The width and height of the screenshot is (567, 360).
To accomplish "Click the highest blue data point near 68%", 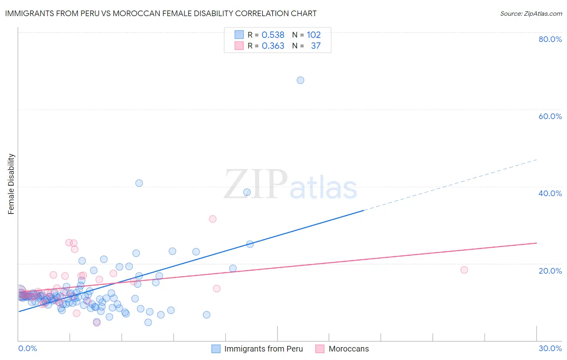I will click(300, 80).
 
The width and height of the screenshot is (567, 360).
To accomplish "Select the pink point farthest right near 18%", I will click(464, 270).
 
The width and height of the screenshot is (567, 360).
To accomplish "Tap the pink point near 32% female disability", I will click(213, 219).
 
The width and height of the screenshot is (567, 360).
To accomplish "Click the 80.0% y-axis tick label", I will click(550, 39).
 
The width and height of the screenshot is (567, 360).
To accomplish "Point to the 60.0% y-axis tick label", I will click(550, 116).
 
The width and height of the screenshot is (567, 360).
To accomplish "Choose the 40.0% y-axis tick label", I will click(550, 193).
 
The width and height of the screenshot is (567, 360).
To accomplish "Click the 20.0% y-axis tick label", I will click(550, 271).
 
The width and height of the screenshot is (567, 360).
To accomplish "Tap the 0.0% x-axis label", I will click(27, 348).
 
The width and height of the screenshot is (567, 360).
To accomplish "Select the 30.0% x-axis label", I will click(550, 348).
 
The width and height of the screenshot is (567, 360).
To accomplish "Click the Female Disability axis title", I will click(11, 184).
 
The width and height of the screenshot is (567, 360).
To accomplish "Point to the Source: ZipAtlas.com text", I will click(531, 13).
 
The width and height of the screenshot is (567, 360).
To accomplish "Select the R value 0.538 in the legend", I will click(273, 35).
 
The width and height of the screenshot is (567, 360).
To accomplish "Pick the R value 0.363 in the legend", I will click(273, 46).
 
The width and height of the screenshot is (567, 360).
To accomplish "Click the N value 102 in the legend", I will click(314, 35).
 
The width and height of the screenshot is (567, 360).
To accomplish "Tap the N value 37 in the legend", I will click(316, 46).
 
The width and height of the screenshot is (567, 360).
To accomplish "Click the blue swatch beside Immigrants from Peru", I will click(216, 349).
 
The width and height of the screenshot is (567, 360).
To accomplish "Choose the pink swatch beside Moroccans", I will click(320, 349).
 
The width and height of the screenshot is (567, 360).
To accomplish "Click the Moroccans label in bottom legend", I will click(348, 349).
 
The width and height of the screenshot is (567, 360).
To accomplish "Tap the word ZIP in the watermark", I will click(256, 184).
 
